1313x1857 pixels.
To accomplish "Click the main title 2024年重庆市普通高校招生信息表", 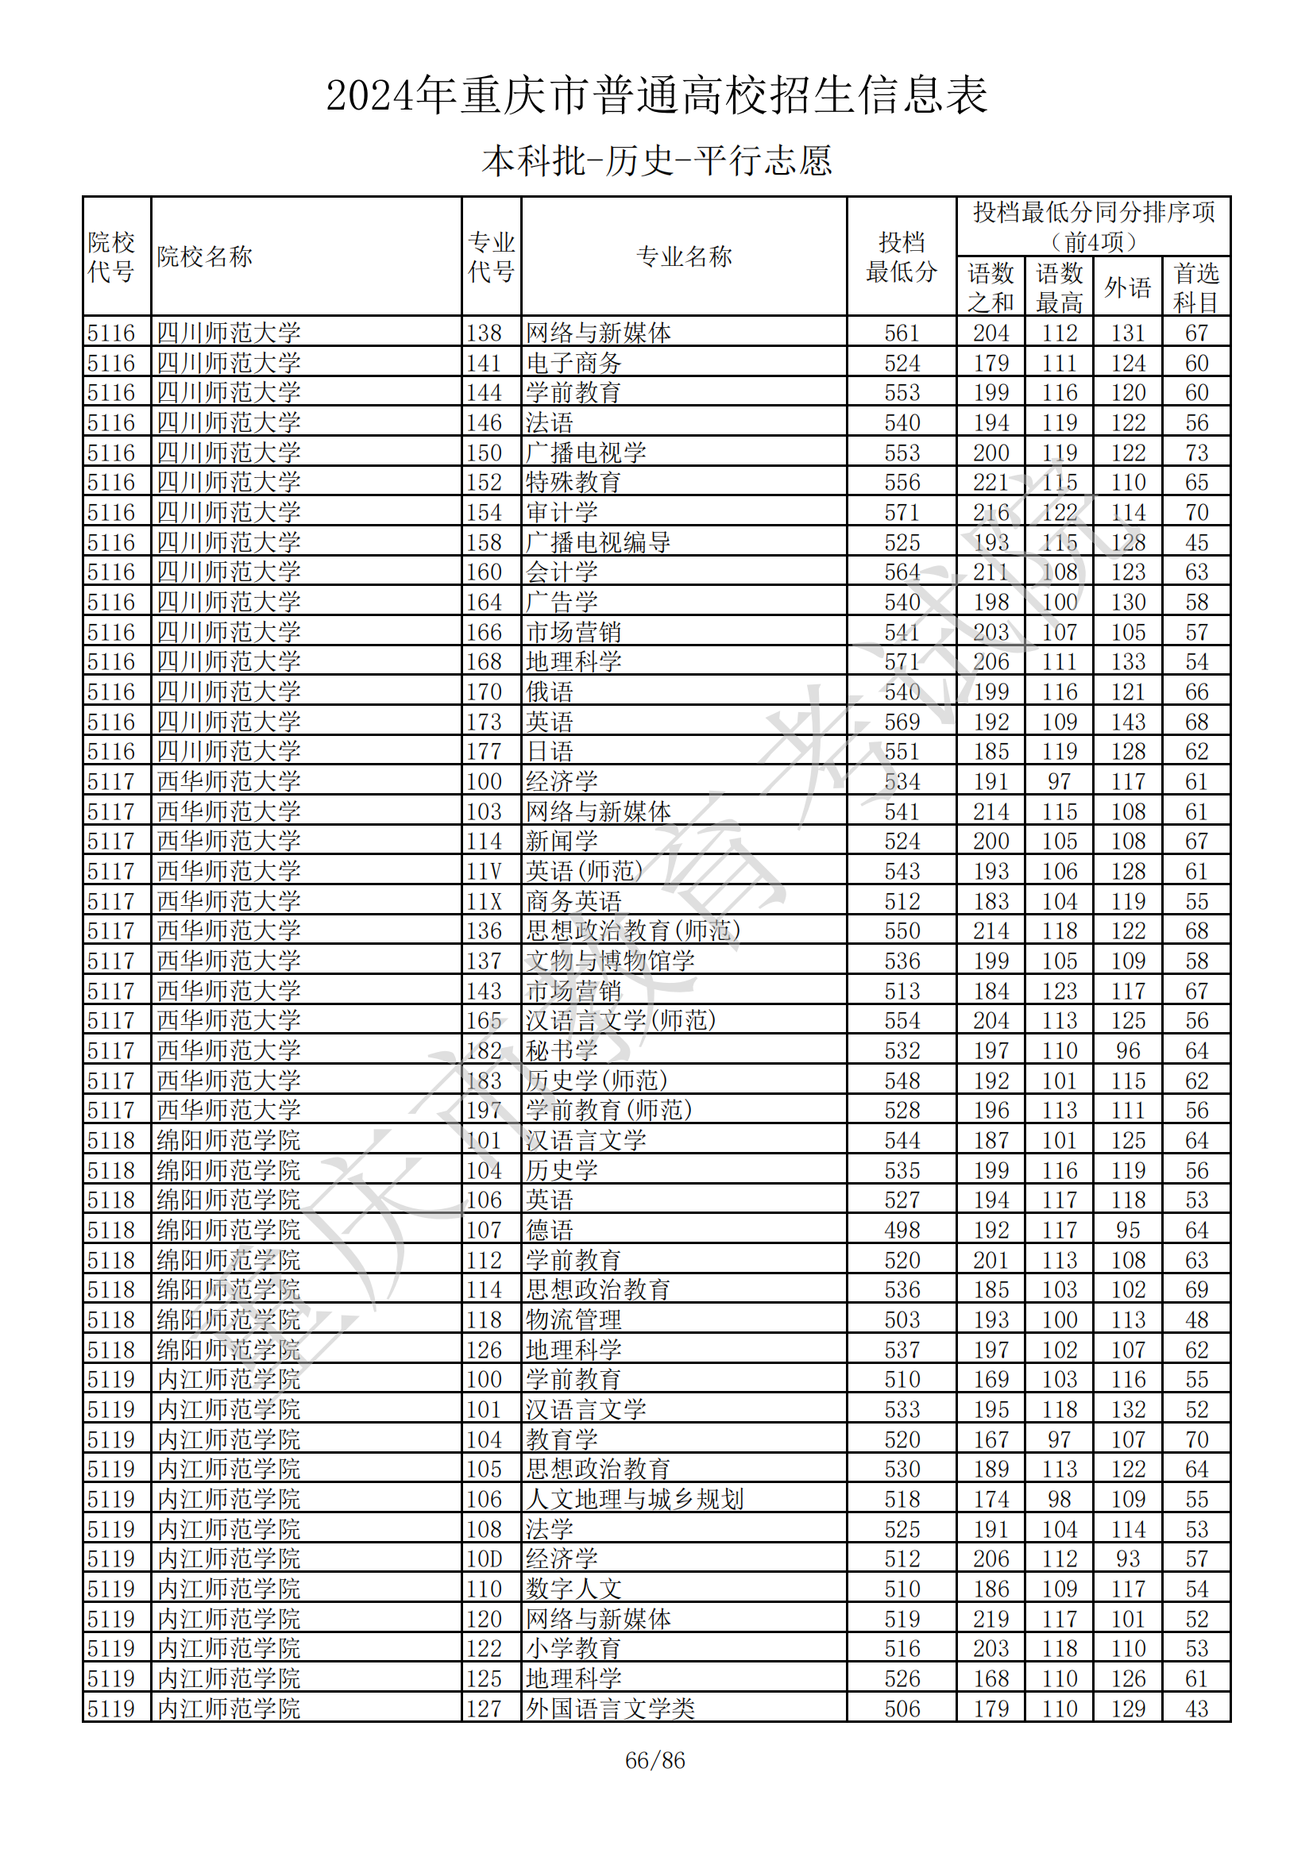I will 656,95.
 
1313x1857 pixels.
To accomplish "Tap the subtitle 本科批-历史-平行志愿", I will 656,161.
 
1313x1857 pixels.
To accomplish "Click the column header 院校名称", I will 205,257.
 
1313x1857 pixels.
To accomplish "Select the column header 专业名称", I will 684,257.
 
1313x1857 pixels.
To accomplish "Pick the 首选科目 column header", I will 1195,288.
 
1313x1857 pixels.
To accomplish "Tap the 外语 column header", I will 1127,288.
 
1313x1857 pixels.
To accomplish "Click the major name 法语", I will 550,423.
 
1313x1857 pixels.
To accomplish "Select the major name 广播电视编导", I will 598,543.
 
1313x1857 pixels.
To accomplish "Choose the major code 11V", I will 484,872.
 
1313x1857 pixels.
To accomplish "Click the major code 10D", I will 484,1559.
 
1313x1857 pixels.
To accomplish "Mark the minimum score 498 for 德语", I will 902,1230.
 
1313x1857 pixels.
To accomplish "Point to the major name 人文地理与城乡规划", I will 634,1500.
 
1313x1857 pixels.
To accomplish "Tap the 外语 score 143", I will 1128,722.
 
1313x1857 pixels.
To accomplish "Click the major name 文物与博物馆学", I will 610,961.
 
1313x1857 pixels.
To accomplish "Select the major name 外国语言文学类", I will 610,1709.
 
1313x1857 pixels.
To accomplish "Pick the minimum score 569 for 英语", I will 902,722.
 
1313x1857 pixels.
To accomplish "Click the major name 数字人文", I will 573,1589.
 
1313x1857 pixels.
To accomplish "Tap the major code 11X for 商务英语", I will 484,902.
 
